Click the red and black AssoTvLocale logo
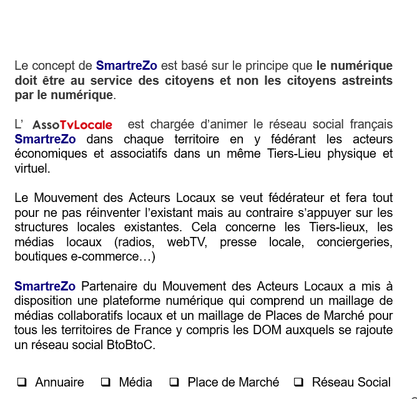pos(72,125)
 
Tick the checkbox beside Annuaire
pos(22,382)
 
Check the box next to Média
pos(105,382)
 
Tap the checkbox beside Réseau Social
pos(298,382)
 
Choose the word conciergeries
pos(354,242)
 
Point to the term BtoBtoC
pos(131,345)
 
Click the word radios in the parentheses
pos(137,242)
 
